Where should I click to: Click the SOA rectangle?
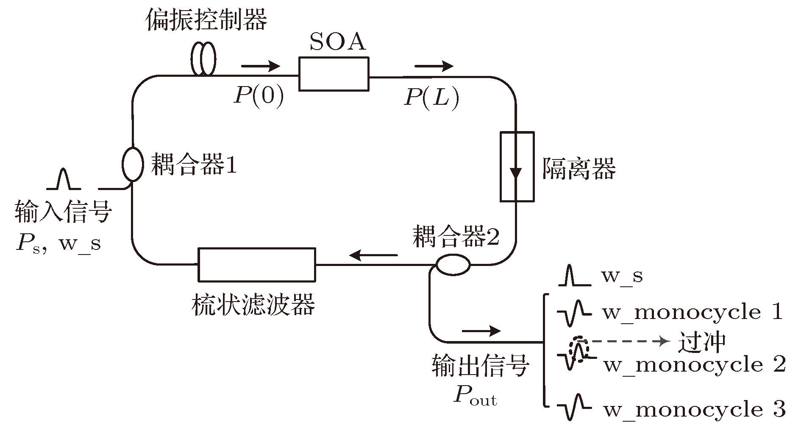(334, 74)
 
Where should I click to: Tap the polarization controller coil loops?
(203, 59)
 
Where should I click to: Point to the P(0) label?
(259, 97)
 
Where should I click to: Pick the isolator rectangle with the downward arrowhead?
(517, 166)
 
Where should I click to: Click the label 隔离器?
(579, 169)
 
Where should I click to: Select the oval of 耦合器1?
(133, 164)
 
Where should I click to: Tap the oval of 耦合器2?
(453, 265)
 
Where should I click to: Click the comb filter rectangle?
(257, 265)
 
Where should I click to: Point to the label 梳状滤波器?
(253, 305)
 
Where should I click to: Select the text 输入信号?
(64, 212)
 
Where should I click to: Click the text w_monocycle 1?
(692, 313)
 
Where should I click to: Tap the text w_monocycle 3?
(694, 409)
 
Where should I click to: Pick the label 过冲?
(701, 343)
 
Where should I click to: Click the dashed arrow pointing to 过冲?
(627, 341)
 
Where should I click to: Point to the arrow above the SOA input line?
(261, 66)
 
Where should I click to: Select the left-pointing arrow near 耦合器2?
(373, 255)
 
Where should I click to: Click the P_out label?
(475, 395)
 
